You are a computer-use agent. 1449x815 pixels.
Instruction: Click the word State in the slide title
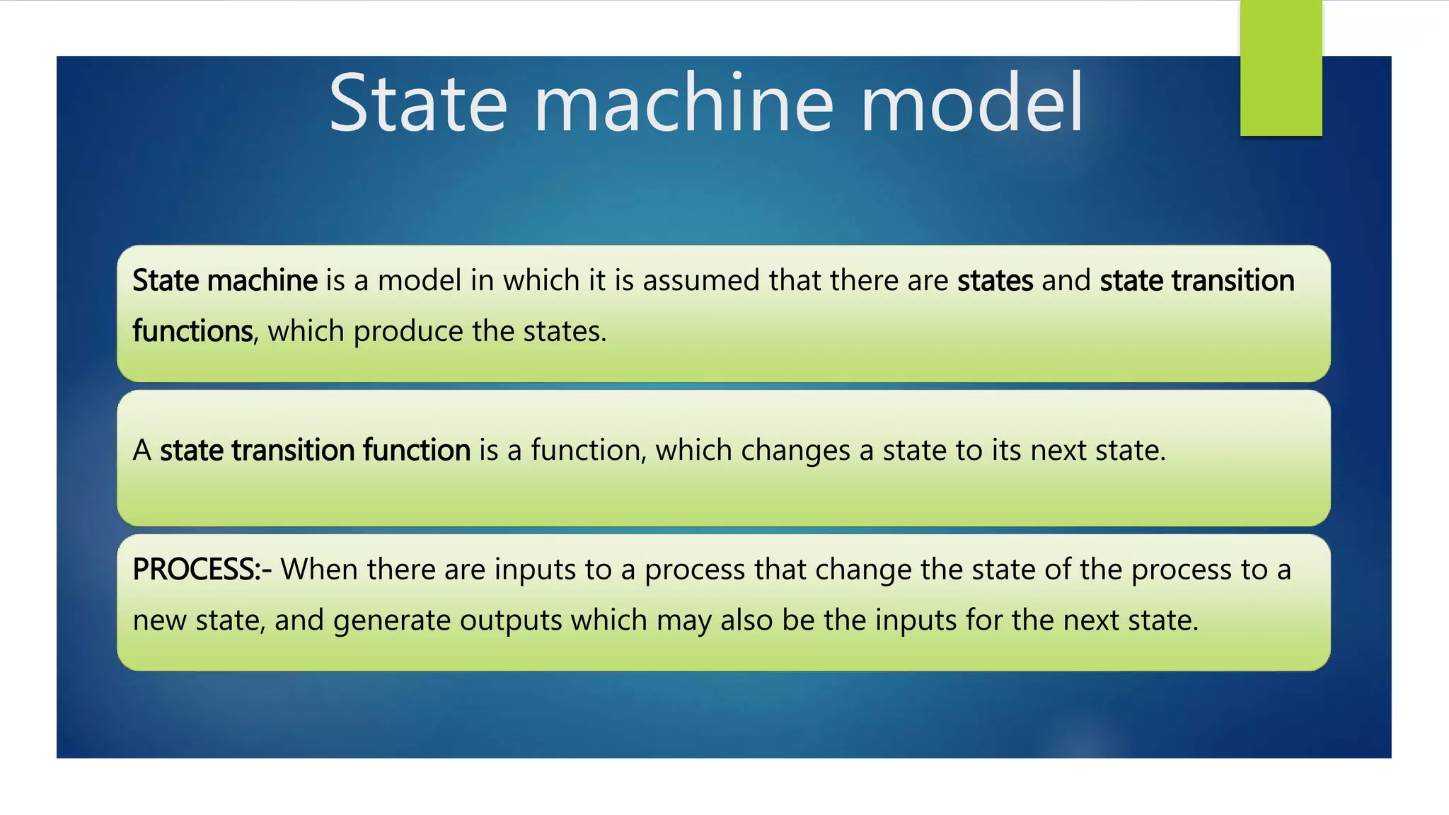418,103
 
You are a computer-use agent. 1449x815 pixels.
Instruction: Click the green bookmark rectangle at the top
1281,68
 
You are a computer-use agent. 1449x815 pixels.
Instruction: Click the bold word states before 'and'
995,281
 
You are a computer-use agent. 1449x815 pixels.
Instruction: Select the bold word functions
192,331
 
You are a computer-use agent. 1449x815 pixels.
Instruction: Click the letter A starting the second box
142,451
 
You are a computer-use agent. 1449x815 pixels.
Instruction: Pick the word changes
795,451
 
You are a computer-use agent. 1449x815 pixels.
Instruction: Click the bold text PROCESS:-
202,570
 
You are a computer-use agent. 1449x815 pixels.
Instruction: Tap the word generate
392,620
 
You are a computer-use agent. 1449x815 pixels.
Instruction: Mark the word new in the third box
159,620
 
